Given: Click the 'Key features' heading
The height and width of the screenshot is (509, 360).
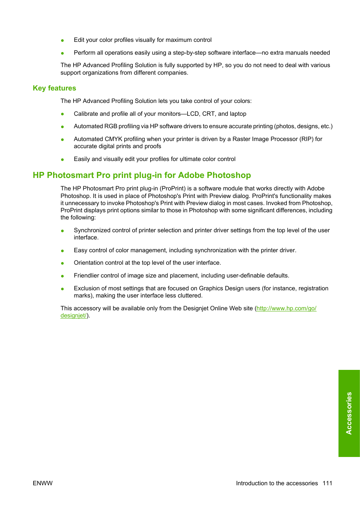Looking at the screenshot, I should point(54,88).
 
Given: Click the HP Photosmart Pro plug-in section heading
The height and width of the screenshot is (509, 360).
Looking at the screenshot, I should point(142,175).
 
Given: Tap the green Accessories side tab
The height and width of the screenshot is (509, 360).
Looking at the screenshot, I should point(349,413).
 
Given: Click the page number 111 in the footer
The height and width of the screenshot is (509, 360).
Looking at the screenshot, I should point(327,483).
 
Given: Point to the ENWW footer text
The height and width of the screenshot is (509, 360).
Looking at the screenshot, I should point(43,483).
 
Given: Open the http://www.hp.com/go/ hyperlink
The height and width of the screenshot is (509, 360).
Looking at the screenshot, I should point(286,308).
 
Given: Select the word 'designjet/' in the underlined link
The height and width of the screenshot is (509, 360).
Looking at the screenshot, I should point(74,316).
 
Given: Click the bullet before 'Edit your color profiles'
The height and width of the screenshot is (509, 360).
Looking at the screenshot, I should point(62,40).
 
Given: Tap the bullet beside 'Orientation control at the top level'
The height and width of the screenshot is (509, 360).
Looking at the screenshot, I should point(62,263).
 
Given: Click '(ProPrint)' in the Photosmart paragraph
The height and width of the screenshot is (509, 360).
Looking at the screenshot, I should point(172,189).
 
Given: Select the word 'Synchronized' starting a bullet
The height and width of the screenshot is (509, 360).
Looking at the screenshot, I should point(91,230).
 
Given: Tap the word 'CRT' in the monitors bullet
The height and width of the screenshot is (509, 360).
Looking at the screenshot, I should point(208,114).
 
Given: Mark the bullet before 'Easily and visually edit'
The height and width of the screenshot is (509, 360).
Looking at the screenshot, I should point(62,159).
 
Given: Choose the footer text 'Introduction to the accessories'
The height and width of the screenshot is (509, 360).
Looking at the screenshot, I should point(277,483).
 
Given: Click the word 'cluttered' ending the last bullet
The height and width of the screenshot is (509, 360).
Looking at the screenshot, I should point(189,296).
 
